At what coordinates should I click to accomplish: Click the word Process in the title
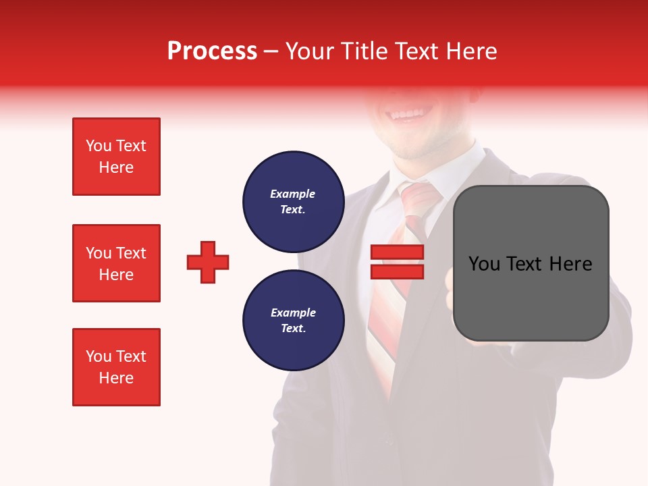(212, 51)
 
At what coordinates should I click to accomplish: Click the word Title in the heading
(363, 51)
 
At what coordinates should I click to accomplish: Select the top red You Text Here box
(116, 157)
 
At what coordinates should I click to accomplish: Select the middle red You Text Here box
(116, 263)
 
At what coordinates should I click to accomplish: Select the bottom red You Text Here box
(116, 367)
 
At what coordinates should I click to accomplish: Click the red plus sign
(208, 262)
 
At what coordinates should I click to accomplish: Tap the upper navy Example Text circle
(293, 202)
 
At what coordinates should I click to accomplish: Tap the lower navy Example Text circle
(293, 321)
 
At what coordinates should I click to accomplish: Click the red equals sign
(397, 262)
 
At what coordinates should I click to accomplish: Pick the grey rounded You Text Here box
(531, 263)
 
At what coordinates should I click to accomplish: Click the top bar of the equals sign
(397, 252)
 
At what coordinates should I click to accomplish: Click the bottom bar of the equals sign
(397, 271)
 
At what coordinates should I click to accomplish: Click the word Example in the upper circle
(293, 194)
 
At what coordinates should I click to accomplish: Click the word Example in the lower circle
(293, 313)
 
